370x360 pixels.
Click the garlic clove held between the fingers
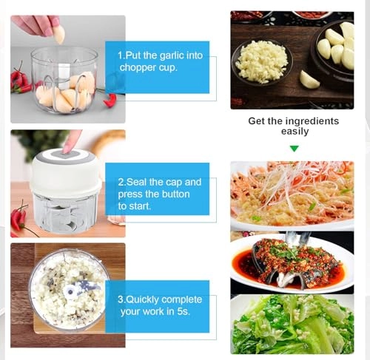pos(59,34)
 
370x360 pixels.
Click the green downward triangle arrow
pos(294,149)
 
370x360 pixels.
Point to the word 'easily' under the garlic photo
pos(294,132)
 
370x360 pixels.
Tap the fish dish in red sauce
pos(294,262)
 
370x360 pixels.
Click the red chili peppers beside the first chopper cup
pos(19,79)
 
